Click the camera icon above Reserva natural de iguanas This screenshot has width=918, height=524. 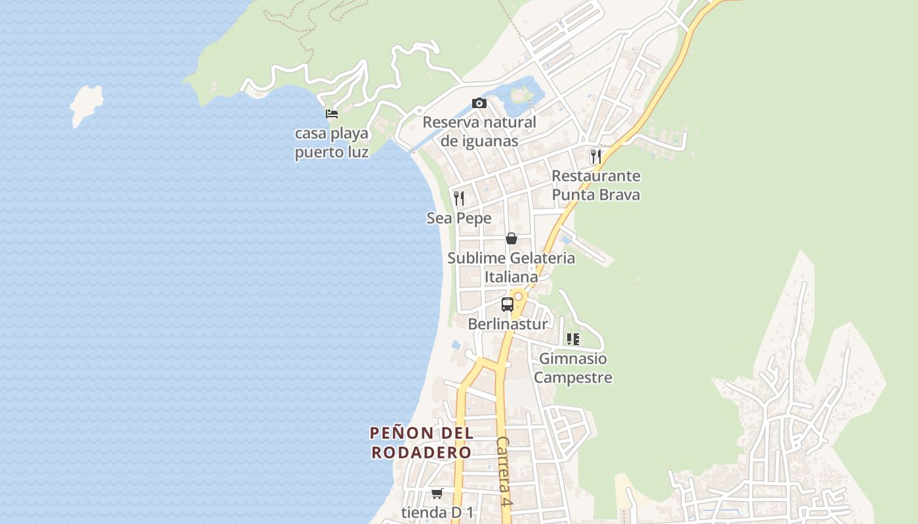pyautogui.click(x=479, y=103)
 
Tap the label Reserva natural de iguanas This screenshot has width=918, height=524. pyautogui.click(x=479, y=132)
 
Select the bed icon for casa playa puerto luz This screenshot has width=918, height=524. pyautogui.click(x=332, y=114)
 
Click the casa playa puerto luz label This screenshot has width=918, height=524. pyautogui.click(x=332, y=143)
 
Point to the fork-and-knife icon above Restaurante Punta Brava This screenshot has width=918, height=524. pyautogui.click(x=595, y=156)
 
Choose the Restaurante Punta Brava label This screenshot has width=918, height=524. pyautogui.click(x=595, y=185)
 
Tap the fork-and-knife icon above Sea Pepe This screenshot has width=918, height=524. pyautogui.click(x=459, y=198)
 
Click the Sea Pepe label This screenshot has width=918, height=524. pyautogui.click(x=459, y=218)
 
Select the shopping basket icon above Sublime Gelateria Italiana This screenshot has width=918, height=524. pyautogui.click(x=511, y=238)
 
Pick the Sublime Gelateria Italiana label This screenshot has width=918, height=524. pyautogui.click(x=511, y=267)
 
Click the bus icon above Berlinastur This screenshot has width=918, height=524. pyautogui.click(x=508, y=304)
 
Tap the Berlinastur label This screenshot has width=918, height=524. pyautogui.click(x=508, y=324)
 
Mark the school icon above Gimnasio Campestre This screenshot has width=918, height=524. pyautogui.click(x=573, y=339)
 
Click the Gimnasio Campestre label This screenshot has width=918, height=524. pyautogui.click(x=573, y=368)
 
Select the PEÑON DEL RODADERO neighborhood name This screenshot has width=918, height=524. pyautogui.click(x=421, y=443)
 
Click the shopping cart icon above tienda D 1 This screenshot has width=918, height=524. pyautogui.click(x=437, y=493)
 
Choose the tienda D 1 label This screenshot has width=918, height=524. pyautogui.click(x=437, y=513)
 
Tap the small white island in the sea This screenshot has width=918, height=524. pyautogui.click(x=87, y=105)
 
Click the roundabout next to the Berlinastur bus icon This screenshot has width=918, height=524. pyautogui.click(x=519, y=296)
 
